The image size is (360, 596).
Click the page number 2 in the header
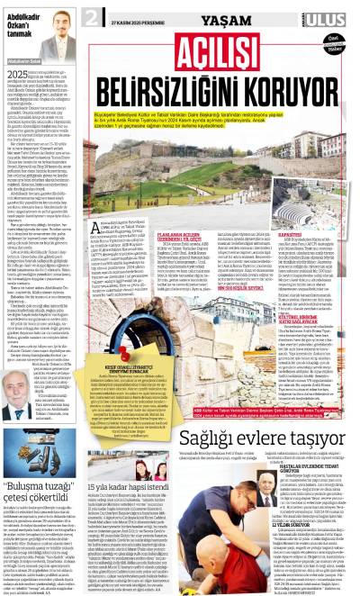tap(92, 18)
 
